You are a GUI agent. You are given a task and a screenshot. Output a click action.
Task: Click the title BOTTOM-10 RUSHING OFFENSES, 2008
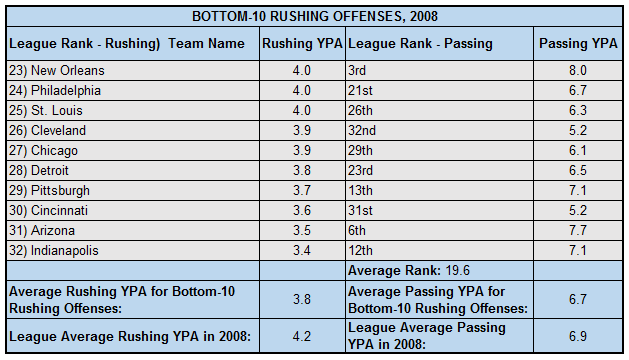[x=314, y=16]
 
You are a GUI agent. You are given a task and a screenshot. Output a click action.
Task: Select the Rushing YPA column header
[x=301, y=44]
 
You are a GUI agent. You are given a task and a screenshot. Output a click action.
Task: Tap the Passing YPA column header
[x=577, y=44]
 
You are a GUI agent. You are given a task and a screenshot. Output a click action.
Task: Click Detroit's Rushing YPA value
[x=301, y=170]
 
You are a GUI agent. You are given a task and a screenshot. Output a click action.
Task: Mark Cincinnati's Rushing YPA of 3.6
[x=301, y=210]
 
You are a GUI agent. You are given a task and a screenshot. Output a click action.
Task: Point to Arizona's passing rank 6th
[x=357, y=230]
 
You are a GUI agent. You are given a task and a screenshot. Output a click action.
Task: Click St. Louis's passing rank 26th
[x=361, y=110]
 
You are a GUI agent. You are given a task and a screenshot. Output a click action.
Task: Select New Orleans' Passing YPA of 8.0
[x=577, y=71]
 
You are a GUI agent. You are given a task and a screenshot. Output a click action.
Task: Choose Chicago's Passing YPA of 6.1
[x=577, y=150]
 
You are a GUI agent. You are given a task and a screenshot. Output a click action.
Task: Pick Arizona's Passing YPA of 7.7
[x=577, y=230]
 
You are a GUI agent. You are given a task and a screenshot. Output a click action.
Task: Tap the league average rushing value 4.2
[x=301, y=335]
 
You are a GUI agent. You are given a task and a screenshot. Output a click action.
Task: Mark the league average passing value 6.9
[x=577, y=335]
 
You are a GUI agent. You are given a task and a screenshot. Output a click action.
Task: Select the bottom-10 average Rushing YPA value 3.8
[x=301, y=297]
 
